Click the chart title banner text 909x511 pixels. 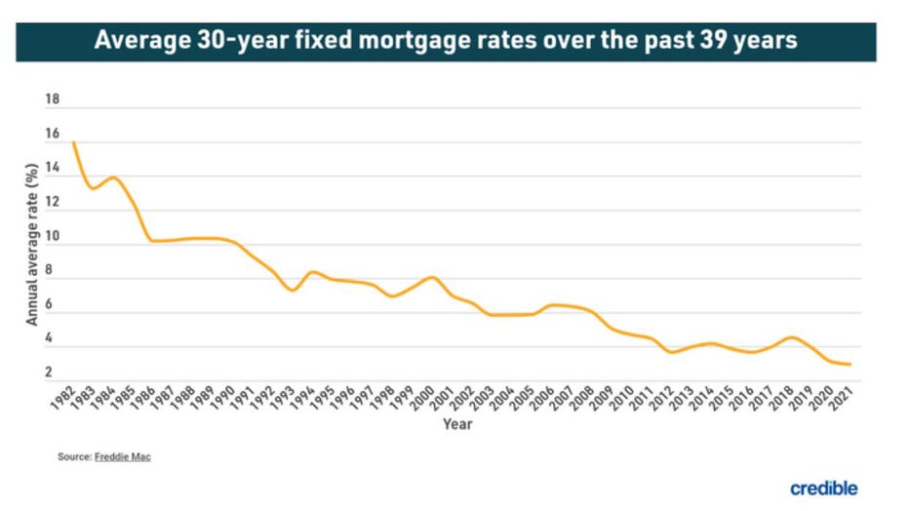pyautogui.click(x=445, y=42)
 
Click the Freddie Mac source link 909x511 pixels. pyautogui.click(x=122, y=455)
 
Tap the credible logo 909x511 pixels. pyautogui.click(x=823, y=489)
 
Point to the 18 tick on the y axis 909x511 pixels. pyautogui.click(x=53, y=100)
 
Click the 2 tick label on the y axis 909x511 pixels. pyautogui.click(x=57, y=373)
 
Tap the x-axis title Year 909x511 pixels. pyautogui.click(x=456, y=424)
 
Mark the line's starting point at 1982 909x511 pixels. pyautogui.click(x=74, y=143)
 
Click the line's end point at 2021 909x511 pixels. pyautogui.click(x=850, y=365)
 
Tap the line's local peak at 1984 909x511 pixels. pyautogui.click(x=114, y=177)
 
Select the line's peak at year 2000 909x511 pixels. pyautogui.click(x=432, y=277)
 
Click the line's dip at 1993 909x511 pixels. pyautogui.click(x=293, y=291)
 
